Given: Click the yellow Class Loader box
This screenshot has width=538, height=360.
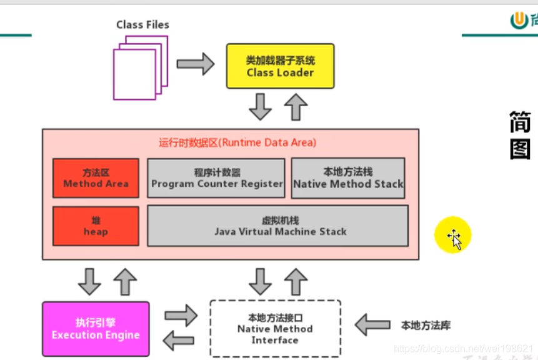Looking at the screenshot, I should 280,66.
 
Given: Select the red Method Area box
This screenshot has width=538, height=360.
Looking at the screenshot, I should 96,178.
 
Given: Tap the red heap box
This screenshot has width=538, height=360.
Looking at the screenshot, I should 96,226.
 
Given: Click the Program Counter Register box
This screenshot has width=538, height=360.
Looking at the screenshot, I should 216,178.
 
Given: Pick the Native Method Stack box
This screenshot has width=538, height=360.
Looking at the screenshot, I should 348,178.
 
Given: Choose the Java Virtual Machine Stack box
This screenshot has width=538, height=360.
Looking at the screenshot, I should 277,226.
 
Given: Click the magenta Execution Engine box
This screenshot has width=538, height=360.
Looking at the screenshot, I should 96,329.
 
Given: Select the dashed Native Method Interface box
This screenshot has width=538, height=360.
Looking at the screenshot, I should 275,329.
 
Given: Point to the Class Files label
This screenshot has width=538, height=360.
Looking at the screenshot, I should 142,25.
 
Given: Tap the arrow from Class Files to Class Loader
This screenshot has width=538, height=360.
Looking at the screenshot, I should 195,64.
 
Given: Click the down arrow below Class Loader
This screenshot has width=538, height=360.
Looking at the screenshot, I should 260,107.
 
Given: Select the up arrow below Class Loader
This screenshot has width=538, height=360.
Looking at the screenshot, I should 296,107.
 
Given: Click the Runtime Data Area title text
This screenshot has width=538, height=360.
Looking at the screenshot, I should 237,142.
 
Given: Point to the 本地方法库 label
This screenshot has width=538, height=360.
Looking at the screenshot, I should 426,326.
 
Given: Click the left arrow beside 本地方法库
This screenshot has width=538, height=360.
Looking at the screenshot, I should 372,326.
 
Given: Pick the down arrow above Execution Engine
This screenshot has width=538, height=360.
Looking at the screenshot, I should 89,281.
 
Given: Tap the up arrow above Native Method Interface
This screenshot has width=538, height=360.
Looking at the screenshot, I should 296,281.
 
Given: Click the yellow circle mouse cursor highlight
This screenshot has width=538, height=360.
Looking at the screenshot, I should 453,236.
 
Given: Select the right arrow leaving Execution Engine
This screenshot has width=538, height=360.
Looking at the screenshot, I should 181,316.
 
